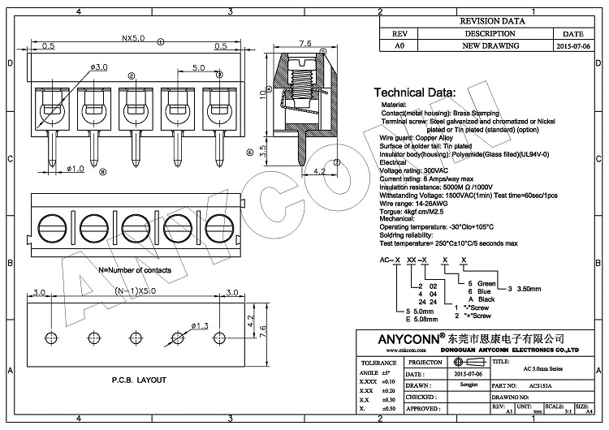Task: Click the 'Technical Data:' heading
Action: [413, 92]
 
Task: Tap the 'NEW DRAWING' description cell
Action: [489, 46]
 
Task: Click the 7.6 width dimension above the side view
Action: [305, 44]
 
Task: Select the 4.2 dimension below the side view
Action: [318, 172]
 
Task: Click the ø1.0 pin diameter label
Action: [74, 169]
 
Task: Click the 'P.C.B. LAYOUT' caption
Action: [138, 380]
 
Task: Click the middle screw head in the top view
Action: [135, 224]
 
